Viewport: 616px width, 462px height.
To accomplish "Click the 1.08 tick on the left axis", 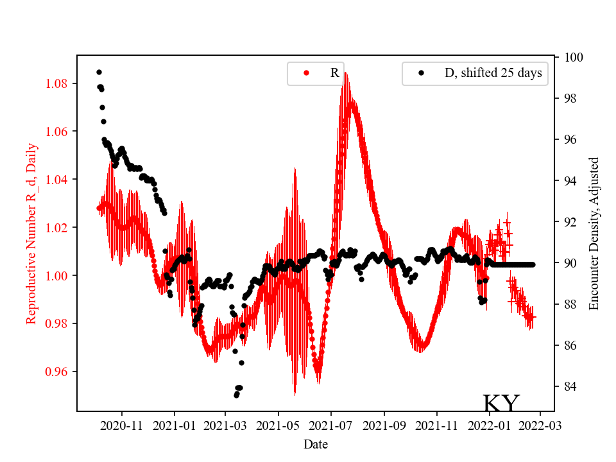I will pos(58,83).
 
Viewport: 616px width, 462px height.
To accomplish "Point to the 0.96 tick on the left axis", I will pos(58,372).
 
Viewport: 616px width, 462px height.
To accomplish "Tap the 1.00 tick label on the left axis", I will pos(58,275).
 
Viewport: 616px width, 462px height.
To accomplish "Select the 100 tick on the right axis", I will pos(572,57).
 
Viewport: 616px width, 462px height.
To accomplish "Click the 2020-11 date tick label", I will pos(121,426).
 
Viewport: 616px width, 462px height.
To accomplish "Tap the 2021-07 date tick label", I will pos(331,426).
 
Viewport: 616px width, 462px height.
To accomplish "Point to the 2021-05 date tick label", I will pos(278,426).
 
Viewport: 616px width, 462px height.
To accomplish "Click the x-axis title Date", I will pos(316,444).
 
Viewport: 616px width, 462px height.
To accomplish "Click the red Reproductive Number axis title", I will pos(31,234).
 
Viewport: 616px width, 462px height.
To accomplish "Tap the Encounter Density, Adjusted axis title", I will pos(594,234).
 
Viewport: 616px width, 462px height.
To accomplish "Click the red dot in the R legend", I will pos(306,73).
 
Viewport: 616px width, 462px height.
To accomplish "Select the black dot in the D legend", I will pos(421,73).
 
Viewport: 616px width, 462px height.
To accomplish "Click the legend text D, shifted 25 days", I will pos(493,73).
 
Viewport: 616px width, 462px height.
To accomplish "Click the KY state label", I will pos(501,403).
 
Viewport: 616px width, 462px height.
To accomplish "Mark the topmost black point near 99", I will pos(99,72).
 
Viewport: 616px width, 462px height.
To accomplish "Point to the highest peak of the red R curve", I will pos(346,73).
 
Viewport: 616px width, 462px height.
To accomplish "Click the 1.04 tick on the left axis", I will pos(58,179).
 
